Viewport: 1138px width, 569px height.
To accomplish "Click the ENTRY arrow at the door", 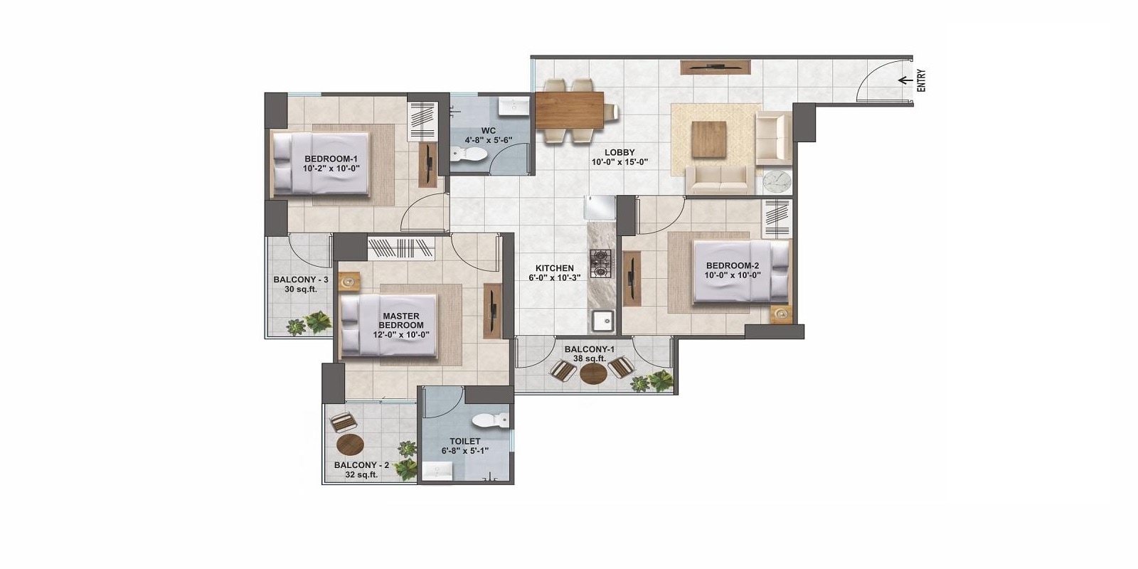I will pos(905,80).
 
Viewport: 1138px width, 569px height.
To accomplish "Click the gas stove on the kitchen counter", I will pos(601,262).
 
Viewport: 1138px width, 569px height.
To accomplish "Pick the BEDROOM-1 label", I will pos(331,159).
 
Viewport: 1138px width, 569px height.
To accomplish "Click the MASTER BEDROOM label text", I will pos(400,320).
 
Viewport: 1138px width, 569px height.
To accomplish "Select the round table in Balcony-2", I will pos(350,445).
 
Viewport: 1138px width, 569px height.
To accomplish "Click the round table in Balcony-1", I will pos(592,374).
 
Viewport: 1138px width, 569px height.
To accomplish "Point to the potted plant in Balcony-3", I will pos(310,324).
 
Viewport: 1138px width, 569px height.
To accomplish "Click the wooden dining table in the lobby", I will pos(569,110).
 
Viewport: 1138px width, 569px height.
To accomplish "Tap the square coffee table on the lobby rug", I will pos(709,139).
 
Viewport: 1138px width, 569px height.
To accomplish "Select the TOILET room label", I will pos(465,441).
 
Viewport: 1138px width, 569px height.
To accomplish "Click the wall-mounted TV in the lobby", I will pos(716,67).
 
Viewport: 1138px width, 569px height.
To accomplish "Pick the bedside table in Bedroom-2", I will pos(781,312).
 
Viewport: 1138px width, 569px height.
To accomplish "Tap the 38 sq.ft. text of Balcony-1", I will pos(589,358).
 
